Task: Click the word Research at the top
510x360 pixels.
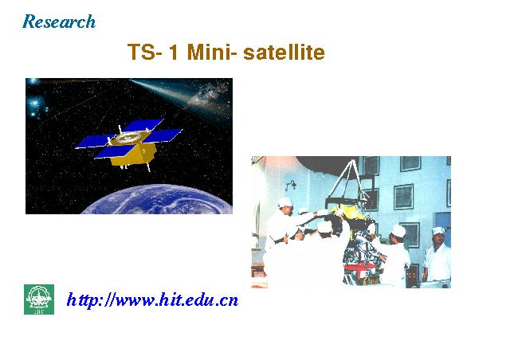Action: point(59,22)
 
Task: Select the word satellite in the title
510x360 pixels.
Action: point(284,52)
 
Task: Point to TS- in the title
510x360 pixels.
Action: point(145,52)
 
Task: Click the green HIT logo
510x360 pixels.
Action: point(39,299)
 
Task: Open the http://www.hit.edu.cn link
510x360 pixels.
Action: point(152,299)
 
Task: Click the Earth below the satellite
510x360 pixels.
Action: point(156,199)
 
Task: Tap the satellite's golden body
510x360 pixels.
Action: point(133,156)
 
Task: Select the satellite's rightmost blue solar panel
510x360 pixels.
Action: point(163,135)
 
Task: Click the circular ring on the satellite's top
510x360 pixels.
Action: point(127,138)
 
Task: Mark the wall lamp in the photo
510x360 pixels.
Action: point(291,186)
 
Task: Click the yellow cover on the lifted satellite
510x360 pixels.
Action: point(350,212)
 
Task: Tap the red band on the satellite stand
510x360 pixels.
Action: point(358,269)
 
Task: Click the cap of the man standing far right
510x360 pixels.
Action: point(438,230)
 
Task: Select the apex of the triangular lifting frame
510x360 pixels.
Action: point(352,161)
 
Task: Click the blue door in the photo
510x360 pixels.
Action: point(443,228)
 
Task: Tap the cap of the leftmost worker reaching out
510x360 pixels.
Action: point(285,202)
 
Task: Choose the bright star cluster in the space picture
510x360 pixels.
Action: point(35,104)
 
